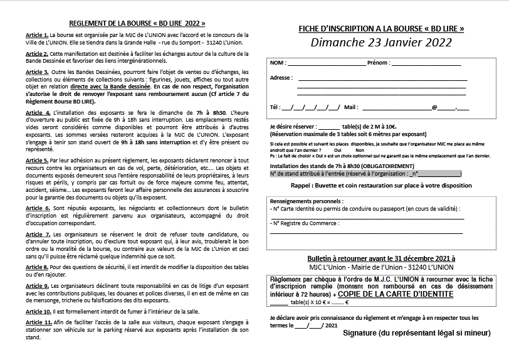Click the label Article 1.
pos(37,35)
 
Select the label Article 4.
pos(38,112)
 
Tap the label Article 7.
pos(38,234)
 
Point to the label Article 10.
pos(39,311)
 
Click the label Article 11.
pos(39,323)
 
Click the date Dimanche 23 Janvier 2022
pos(381,43)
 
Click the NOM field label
pos(278,63)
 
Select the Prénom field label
pos(378,63)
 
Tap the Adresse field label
pos(281,78)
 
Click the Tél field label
pos(275,107)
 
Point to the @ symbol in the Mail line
pos(434,107)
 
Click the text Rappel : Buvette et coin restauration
pos(381,186)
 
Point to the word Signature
pos(365,332)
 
